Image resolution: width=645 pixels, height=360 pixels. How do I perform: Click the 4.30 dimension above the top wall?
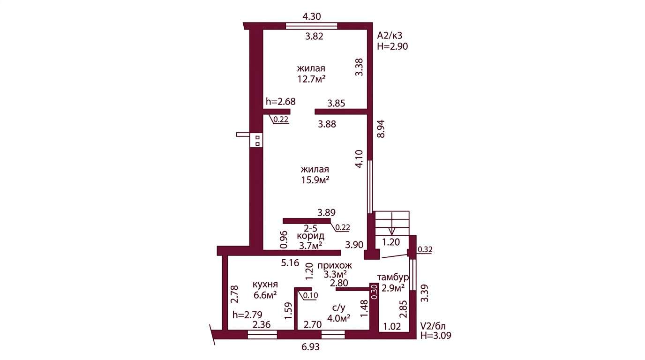point(312,16)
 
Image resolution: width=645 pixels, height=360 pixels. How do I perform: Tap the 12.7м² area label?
point(311,79)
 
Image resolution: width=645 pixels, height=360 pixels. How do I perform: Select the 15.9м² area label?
point(315,180)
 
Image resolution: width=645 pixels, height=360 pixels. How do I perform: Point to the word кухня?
point(265,285)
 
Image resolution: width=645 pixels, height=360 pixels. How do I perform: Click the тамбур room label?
point(393,277)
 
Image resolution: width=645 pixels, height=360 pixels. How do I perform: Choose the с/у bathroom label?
point(338,308)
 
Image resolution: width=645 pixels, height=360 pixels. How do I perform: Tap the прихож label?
point(335,265)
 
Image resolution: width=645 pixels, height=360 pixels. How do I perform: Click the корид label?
point(310,236)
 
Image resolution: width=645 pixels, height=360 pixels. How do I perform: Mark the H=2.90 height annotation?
point(392,46)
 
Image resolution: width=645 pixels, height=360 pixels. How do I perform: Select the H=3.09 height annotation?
point(435,335)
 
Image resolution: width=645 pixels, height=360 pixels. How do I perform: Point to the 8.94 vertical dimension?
point(381,129)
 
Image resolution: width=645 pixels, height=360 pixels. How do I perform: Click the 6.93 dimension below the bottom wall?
point(310,347)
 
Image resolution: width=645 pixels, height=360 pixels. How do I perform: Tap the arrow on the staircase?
point(391,224)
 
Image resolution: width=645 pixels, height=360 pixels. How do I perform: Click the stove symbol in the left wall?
point(256,141)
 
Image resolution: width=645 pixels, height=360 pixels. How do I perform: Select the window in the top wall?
point(311,26)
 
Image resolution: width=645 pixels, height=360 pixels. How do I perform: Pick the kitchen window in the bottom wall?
point(262,334)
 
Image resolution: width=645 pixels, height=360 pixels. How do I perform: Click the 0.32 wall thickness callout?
point(425,249)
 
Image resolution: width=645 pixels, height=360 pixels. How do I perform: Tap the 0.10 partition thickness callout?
point(310,295)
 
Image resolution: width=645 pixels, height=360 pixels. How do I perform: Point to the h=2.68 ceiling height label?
point(280,101)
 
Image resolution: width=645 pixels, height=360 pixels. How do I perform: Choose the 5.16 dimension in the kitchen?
point(290,262)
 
